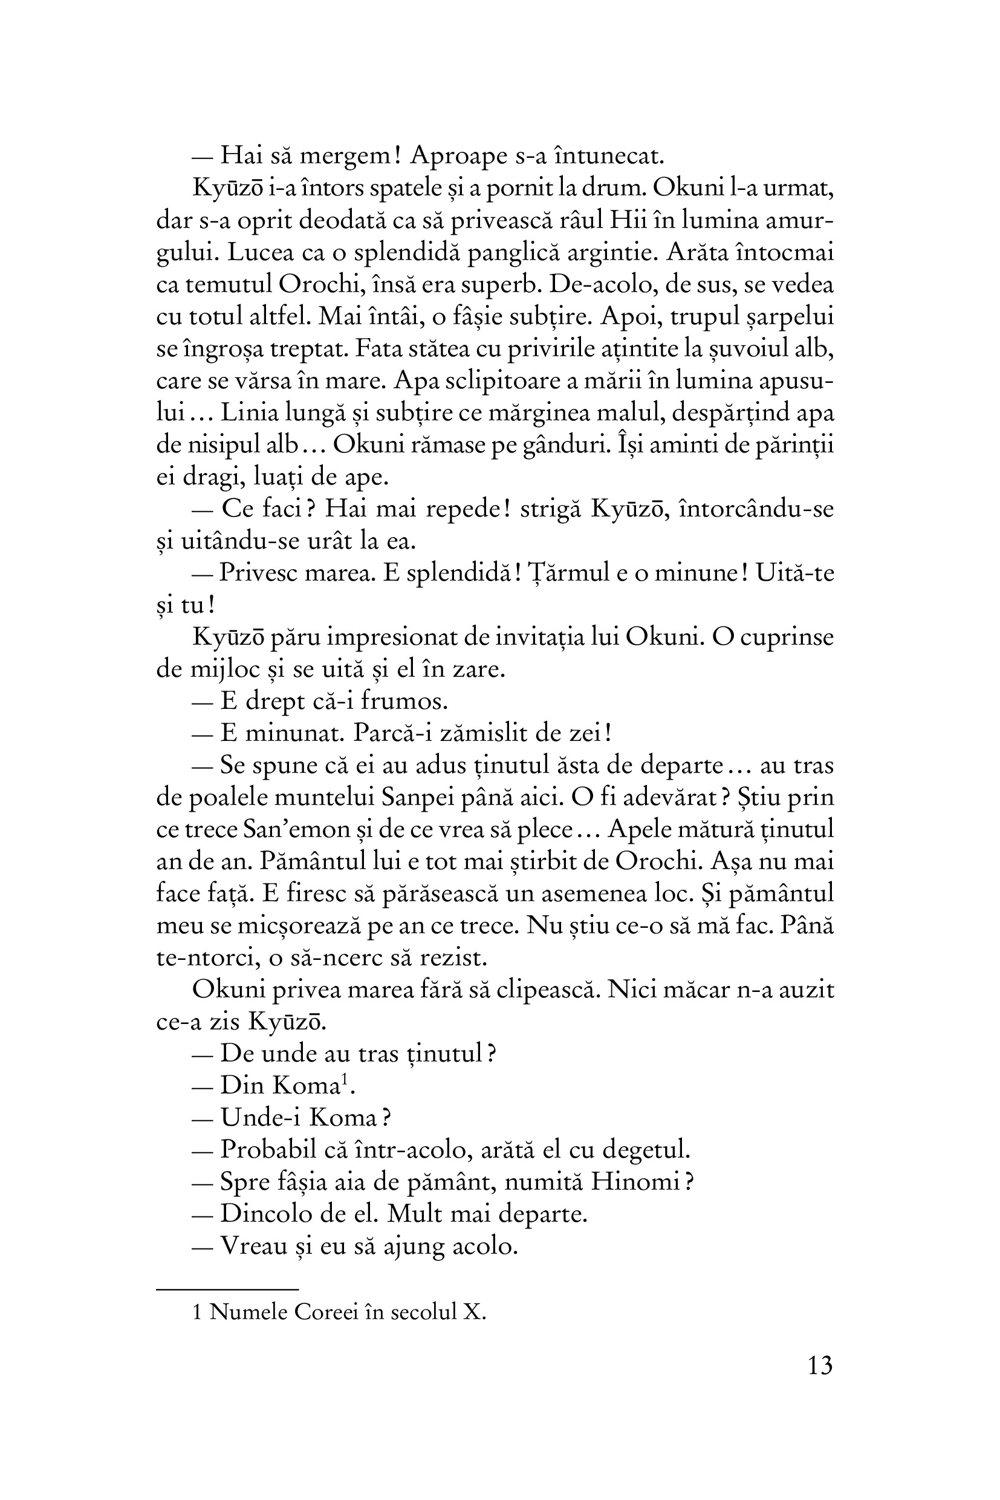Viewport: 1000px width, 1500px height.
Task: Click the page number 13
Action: [819, 1365]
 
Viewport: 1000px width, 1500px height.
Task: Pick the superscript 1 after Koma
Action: [345, 1079]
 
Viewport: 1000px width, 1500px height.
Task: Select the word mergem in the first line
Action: [345, 156]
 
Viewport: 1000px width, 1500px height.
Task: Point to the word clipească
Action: [547, 990]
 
